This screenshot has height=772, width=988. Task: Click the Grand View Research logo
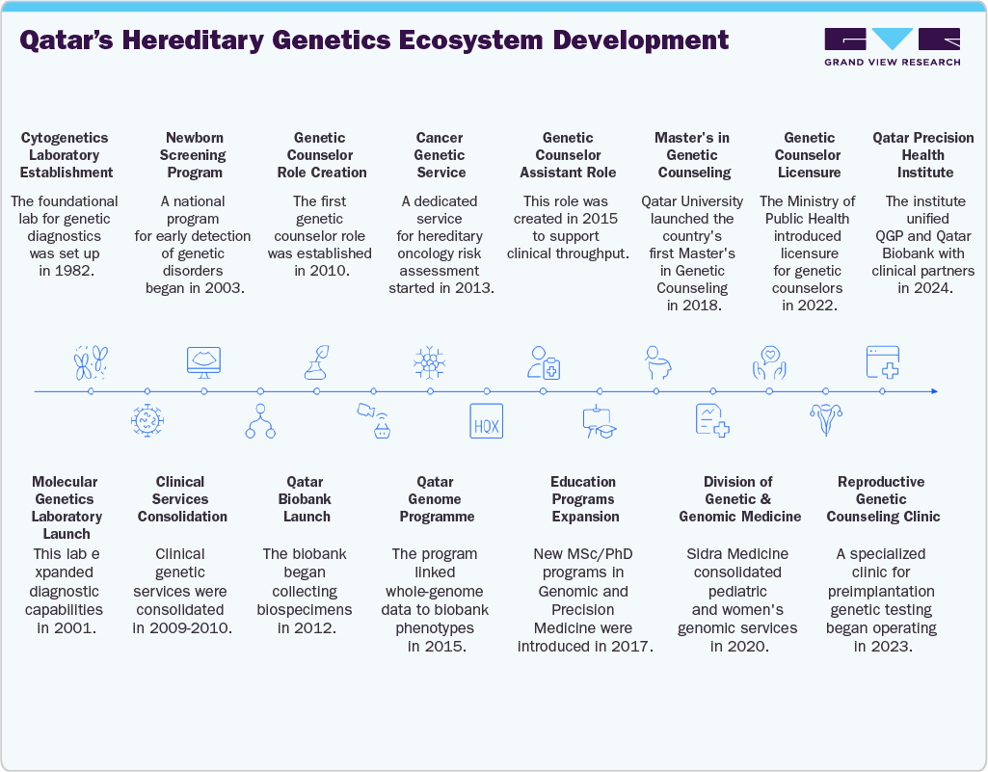point(892,46)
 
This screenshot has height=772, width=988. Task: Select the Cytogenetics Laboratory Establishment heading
point(67,155)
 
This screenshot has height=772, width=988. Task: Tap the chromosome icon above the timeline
point(90,362)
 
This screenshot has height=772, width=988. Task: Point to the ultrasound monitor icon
point(203,361)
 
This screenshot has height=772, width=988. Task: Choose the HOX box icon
point(487,422)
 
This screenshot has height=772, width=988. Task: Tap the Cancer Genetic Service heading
point(440,155)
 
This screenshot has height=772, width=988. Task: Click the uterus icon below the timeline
point(825,421)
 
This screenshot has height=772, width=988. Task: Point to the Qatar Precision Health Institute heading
point(922,155)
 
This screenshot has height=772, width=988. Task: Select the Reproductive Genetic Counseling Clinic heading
point(881,499)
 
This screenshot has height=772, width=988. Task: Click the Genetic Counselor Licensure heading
point(809,155)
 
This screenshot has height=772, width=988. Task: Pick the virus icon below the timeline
point(147,422)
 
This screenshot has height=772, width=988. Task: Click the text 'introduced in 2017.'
point(585,646)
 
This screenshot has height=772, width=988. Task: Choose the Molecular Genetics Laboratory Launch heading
point(65,507)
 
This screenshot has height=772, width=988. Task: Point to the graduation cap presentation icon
point(599,423)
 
